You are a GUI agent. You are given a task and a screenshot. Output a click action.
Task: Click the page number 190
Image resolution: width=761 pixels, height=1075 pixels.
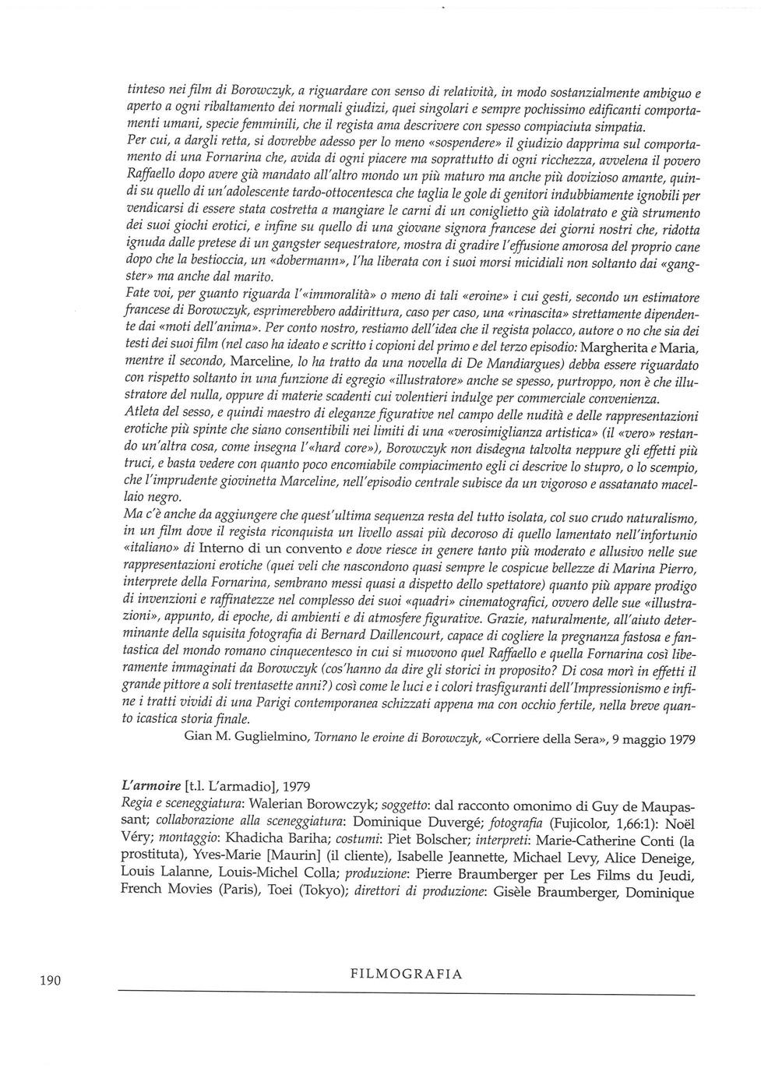click(x=49, y=980)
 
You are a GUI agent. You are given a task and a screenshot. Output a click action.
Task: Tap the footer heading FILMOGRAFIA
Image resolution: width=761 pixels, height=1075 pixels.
click(x=406, y=974)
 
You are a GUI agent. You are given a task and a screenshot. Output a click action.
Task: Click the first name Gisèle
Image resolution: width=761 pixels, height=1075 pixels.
click(x=531, y=891)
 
